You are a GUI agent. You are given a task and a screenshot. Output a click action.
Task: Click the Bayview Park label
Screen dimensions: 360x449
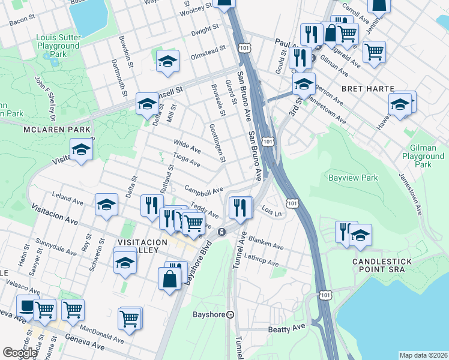[x=353, y=178]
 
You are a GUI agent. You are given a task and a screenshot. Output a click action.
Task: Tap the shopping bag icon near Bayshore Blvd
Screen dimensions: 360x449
[x=169, y=278]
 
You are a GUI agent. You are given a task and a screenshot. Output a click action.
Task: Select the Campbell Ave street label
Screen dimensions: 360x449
[x=203, y=191]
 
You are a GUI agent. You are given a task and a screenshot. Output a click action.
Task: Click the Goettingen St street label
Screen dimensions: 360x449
[x=217, y=143]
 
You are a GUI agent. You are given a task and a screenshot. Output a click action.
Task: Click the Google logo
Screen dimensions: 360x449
[x=20, y=353]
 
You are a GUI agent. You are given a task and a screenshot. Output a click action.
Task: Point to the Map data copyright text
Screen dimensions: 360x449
[x=423, y=355]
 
